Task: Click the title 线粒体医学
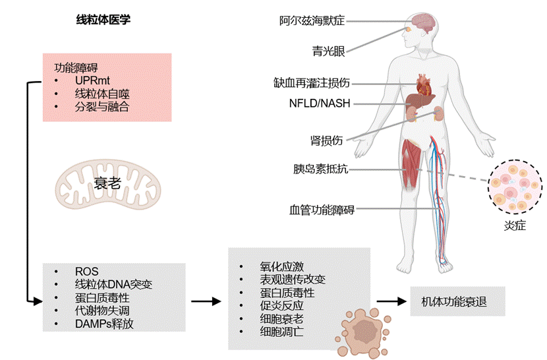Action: (x=103, y=20)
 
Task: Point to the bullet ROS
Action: (x=86, y=272)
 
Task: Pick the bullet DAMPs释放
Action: (x=108, y=324)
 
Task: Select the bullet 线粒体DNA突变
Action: (x=113, y=285)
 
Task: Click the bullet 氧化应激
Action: (x=281, y=267)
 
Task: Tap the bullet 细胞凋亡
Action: (x=281, y=332)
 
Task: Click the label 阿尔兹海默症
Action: (x=312, y=21)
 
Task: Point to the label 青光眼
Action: (x=328, y=51)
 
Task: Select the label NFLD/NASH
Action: (x=320, y=104)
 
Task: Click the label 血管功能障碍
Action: (x=322, y=210)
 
